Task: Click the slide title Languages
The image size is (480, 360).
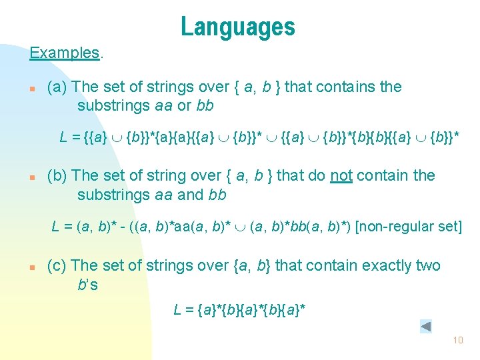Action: coord(237,27)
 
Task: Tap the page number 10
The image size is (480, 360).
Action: coord(457,340)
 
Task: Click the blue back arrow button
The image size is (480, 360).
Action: coord(426,327)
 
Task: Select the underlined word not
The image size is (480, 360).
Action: coord(341,176)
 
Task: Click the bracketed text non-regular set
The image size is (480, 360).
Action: coord(409,227)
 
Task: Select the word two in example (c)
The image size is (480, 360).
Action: coord(428,266)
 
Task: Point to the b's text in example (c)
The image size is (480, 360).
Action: coord(87,285)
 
